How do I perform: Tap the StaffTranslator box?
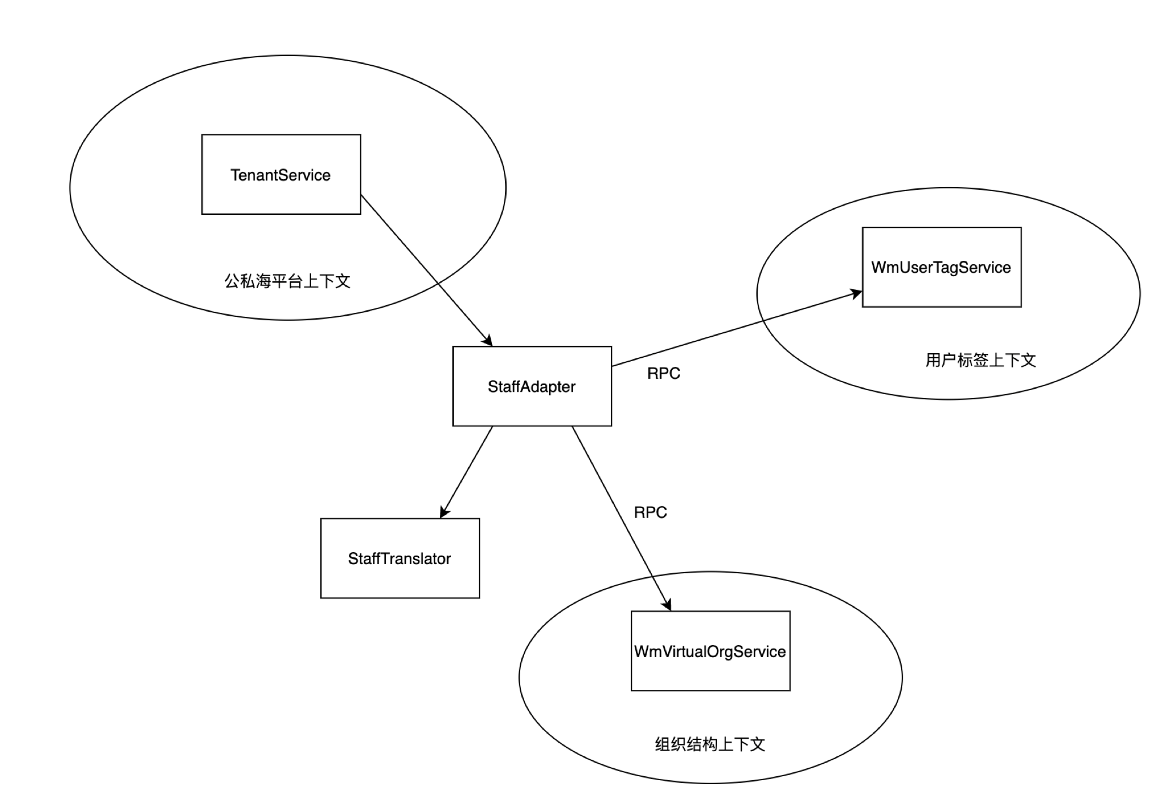click(x=400, y=558)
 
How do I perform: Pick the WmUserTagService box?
click(x=941, y=268)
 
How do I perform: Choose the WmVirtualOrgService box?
click(x=710, y=651)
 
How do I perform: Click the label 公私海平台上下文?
click(x=287, y=281)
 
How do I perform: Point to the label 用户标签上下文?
click(x=980, y=360)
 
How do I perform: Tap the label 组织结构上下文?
click(x=710, y=744)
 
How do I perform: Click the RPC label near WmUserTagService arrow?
click(x=664, y=374)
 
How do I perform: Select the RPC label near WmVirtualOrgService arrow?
click(x=650, y=513)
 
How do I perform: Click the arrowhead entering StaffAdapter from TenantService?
click(x=487, y=341)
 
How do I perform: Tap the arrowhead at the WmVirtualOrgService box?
click(x=668, y=605)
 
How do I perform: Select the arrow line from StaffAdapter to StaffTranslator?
click(x=467, y=472)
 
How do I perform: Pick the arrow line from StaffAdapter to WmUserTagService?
click(x=737, y=329)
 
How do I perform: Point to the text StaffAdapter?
click(x=532, y=387)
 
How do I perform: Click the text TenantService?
click(x=281, y=175)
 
